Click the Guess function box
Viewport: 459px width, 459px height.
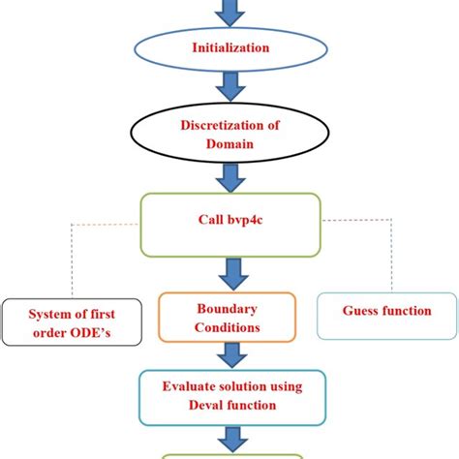point(386,312)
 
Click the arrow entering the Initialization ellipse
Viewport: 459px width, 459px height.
point(230,11)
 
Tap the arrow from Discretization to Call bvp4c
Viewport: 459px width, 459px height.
point(230,176)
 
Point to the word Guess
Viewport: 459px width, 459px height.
point(360,312)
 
